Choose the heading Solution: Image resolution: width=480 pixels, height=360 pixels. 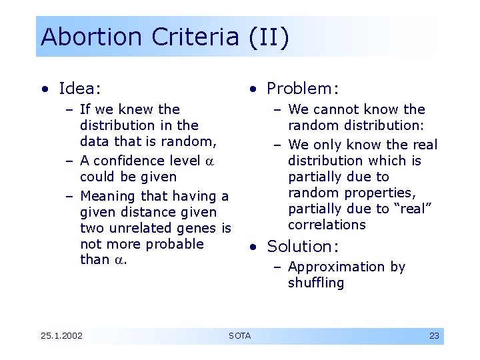tap(303, 247)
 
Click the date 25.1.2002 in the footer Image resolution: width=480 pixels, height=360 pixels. tap(61, 335)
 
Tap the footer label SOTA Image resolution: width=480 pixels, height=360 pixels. tap(239, 335)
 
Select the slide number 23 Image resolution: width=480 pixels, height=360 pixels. tap(434, 335)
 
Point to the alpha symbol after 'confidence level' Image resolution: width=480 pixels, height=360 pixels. tap(209, 161)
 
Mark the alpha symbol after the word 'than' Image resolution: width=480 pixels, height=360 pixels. tap(120, 260)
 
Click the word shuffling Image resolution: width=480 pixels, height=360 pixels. tap(316, 283)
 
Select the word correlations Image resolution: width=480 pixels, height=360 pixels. tap(327, 225)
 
